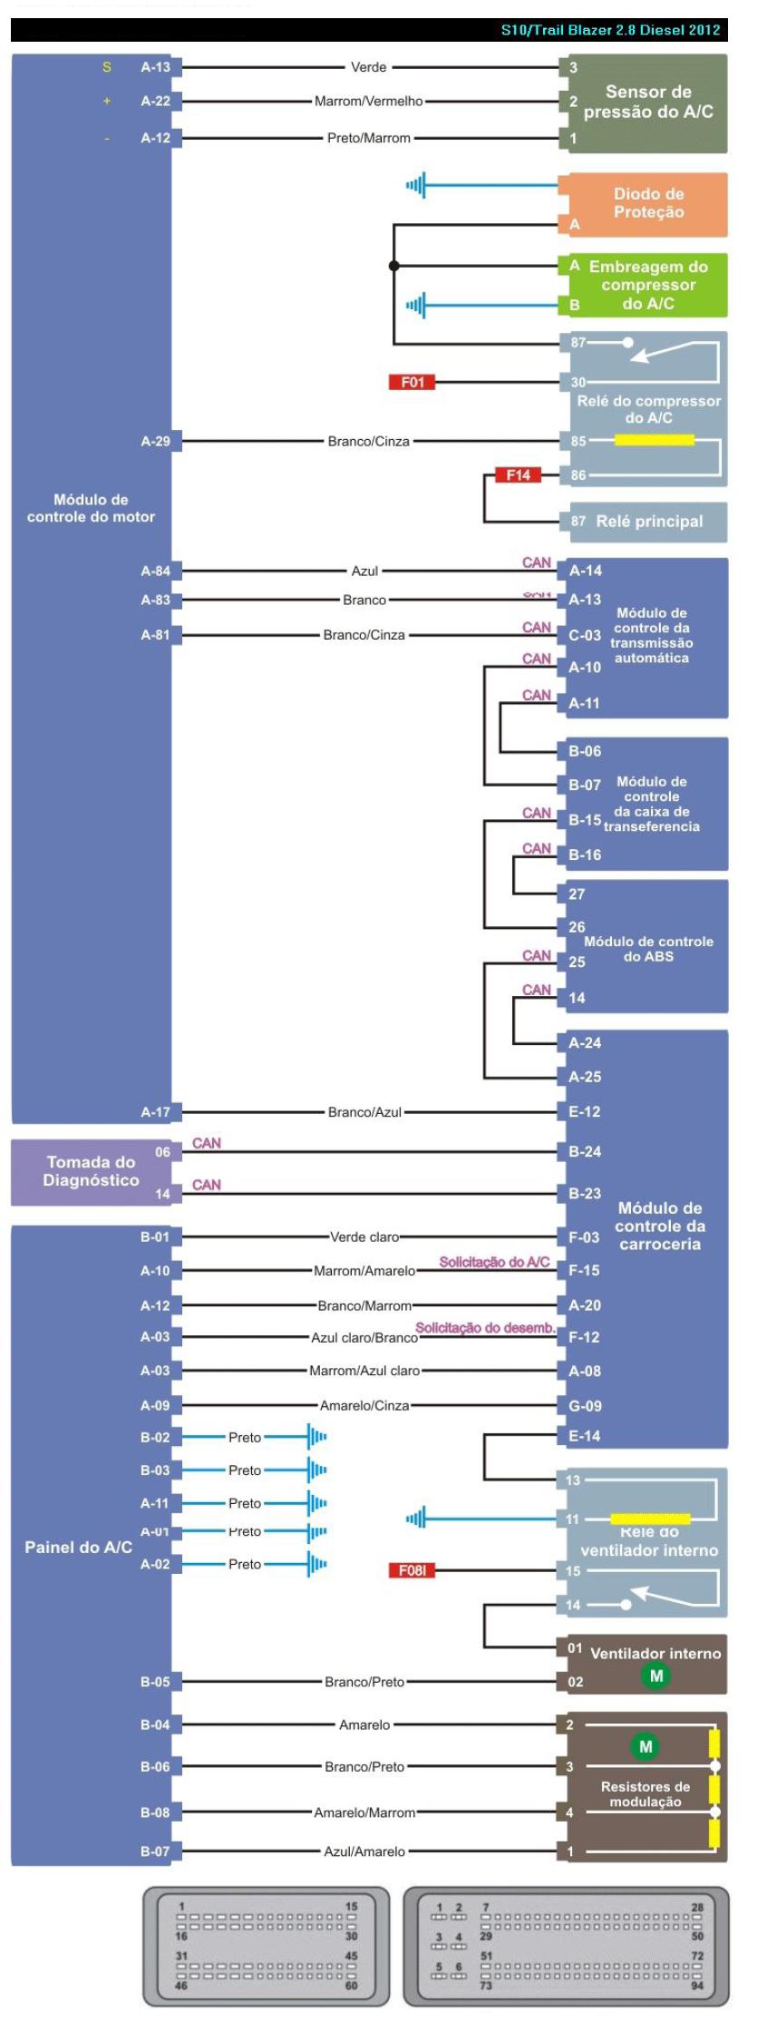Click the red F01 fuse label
tap(412, 382)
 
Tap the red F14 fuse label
tap(518, 474)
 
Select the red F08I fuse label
tap(412, 1569)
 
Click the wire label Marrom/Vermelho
tap(368, 102)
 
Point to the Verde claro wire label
tap(364, 1236)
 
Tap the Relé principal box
tap(648, 522)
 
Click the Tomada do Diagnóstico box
tap(91, 1171)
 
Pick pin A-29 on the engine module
tap(155, 442)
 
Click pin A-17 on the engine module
tap(155, 1111)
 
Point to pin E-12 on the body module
tap(584, 1111)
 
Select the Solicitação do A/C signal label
tap(494, 1262)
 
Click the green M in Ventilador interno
tap(655, 1675)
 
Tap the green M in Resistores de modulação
tap(645, 1746)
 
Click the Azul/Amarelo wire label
tap(364, 1851)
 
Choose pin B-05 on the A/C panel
tap(155, 1682)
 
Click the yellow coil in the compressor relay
tap(654, 440)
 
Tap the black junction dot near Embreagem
tap(393, 266)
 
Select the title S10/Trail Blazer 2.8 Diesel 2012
tap(610, 30)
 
